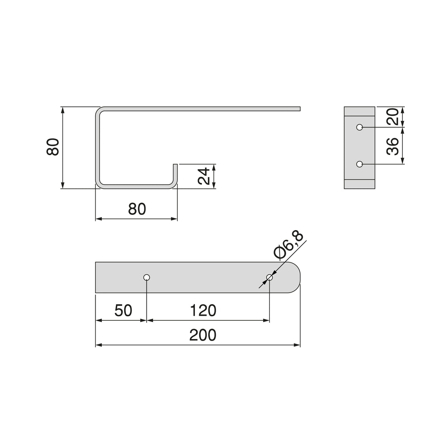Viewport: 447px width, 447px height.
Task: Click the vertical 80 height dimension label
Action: pyautogui.click(x=53, y=147)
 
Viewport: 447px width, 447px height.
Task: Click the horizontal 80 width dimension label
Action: pyautogui.click(x=137, y=209)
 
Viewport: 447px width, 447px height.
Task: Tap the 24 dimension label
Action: pyautogui.click(x=204, y=176)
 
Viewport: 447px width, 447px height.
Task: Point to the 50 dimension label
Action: pyautogui.click(x=123, y=310)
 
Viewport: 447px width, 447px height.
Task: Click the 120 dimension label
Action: pyautogui.click(x=203, y=310)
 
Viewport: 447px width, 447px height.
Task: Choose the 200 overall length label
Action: pyautogui.click(x=203, y=335)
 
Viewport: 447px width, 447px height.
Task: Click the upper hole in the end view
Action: pyautogui.click(x=360, y=127)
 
